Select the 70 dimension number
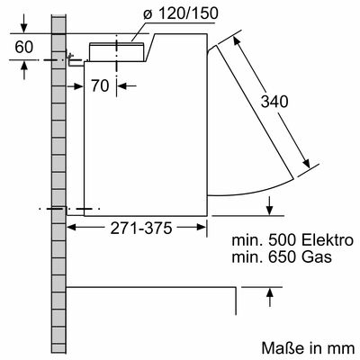(101, 85)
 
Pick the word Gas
(319, 258)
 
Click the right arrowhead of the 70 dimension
(122, 85)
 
